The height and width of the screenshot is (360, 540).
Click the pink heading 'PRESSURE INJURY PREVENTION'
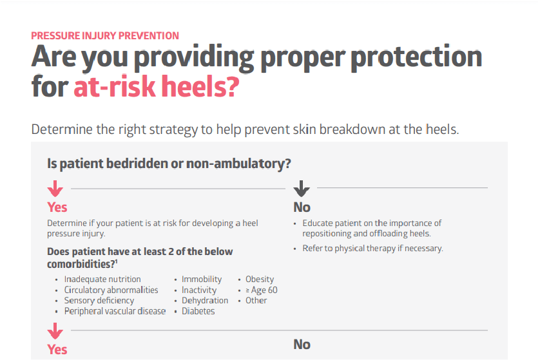point(105,35)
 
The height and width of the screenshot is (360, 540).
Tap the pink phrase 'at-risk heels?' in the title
point(156,88)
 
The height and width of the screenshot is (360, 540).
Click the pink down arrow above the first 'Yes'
point(55,189)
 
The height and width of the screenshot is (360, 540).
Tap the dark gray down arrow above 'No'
point(302,189)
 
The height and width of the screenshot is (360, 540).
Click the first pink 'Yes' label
point(57,207)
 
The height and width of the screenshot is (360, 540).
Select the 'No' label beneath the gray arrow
point(302,207)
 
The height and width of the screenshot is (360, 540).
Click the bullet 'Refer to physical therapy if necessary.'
point(373,248)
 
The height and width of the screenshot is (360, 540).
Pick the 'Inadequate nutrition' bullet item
point(102,279)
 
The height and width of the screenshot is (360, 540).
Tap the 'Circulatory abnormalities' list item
point(111,290)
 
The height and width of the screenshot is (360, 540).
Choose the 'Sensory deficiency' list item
point(99,301)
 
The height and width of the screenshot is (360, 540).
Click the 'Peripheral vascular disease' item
point(115,311)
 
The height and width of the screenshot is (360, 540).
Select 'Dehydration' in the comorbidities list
point(204,301)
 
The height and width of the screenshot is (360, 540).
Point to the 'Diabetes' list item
point(198,311)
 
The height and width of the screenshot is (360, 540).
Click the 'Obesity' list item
point(260,279)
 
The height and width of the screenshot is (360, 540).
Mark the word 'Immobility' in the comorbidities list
point(201,279)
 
